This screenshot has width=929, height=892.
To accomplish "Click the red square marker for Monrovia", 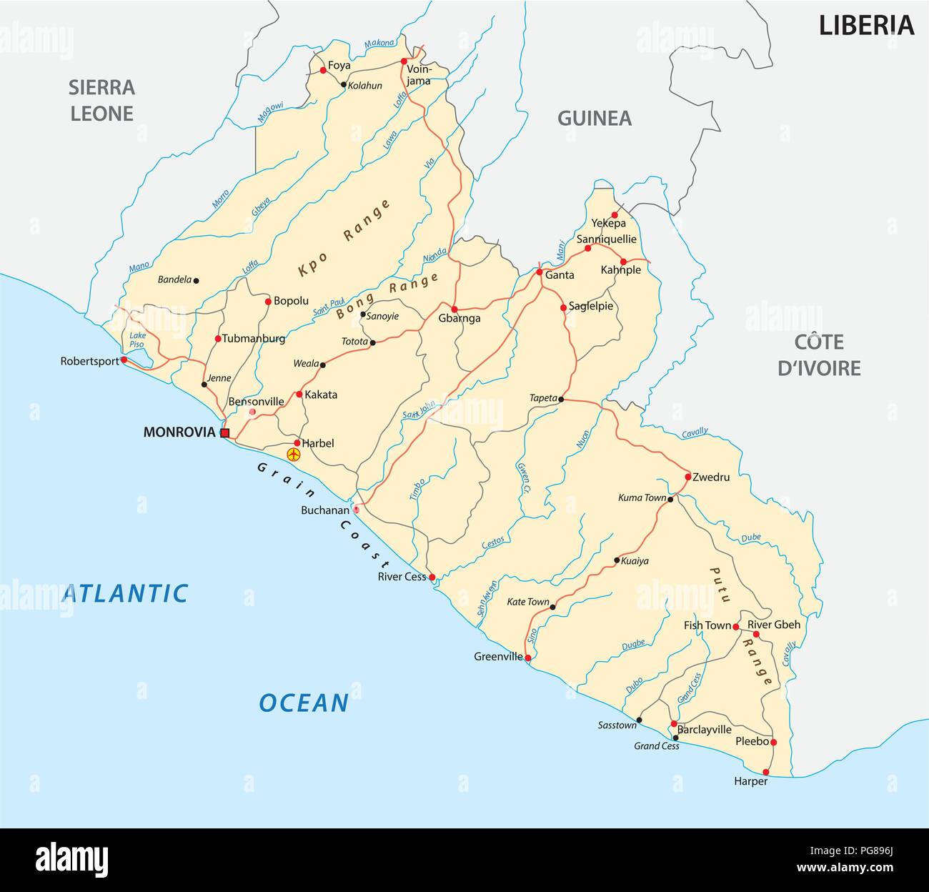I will (224, 433).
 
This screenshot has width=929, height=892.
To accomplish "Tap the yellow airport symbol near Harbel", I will (292, 454).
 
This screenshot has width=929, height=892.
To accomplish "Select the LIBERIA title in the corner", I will (866, 26).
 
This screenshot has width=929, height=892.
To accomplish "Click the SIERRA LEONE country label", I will (101, 101).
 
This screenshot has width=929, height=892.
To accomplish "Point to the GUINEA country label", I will (595, 119).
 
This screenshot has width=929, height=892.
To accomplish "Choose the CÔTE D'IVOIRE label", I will (819, 355).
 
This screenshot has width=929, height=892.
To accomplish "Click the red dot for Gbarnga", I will (454, 309).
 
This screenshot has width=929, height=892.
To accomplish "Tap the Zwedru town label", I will (711, 477).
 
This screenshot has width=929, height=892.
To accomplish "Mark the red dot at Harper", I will (766, 772).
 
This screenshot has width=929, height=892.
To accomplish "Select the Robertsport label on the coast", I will (89, 361).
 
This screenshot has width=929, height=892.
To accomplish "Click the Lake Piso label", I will (136, 340).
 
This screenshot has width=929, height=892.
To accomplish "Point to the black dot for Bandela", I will (197, 280).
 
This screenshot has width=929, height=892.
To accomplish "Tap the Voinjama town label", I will (419, 76).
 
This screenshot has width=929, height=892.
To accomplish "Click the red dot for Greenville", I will (528, 658).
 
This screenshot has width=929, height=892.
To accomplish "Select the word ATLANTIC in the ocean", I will (125, 593).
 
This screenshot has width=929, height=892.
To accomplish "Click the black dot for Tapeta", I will (561, 399).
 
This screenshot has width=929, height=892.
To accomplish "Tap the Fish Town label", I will (707, 625).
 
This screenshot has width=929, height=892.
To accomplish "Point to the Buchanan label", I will (324, 510).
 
